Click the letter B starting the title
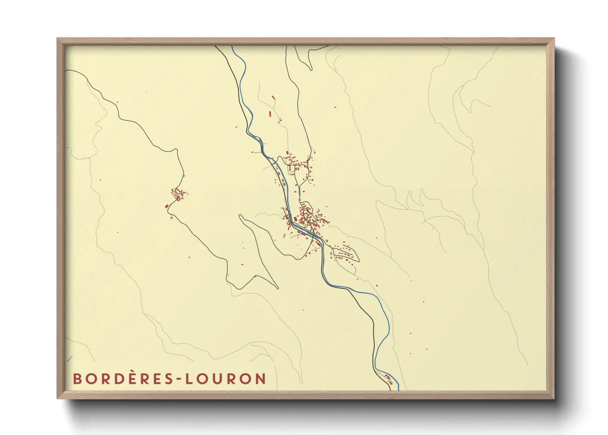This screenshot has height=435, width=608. click(77, 379)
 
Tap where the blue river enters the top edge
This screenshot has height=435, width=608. click(233, 46)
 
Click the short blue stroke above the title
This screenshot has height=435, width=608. click(69, 359)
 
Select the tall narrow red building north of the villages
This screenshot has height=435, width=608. click(270, 114)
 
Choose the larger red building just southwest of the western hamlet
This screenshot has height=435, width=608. click(167, 206)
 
